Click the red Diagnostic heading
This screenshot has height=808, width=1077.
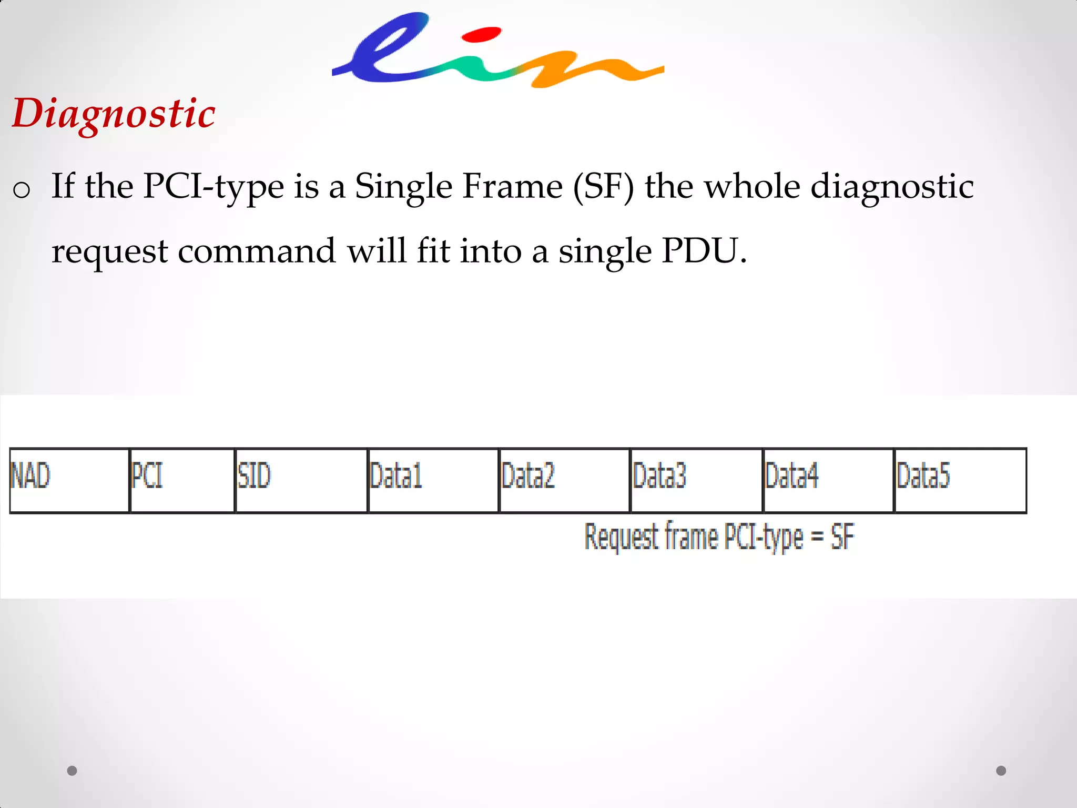pyautogui.click(x=114, y=114)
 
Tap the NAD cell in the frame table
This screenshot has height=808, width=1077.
pyautogui.click(x=69, y=480)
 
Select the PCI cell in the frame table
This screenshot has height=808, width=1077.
pyautogui.click(x=182, y=480)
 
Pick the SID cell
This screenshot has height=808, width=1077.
pyautogui.click(x=301, y=480)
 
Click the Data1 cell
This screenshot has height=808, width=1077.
pyautogui.click(x=433, y=480)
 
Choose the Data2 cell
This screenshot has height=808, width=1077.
pyautogui.click(x=564, y=480)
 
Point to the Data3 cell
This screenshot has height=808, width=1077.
pyautogui.click(x=696, y=480)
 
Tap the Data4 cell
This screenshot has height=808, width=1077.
pyautogui.click(x=828, y=480)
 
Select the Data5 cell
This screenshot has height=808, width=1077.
pyautogui.click(x=960, y=480)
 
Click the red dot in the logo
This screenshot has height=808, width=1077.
pyautogui.click(x=481, y=35)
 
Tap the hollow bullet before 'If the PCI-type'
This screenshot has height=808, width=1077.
pyautogui.click(x=22, y=189)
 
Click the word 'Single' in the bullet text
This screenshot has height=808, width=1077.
pyautogui.click(x=403, y=187)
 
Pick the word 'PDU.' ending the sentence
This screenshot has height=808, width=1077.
pyautogui.click(x=704, y=251)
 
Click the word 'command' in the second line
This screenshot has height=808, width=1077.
pyautogui.click(x=257, y=251)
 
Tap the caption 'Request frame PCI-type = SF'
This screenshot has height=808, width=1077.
pyautogui.click(x=719, y=537)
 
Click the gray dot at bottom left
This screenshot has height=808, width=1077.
pyautogui.click(x=72, y=771)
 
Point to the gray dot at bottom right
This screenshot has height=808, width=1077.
pyautogui.click(x=1001, y=771)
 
